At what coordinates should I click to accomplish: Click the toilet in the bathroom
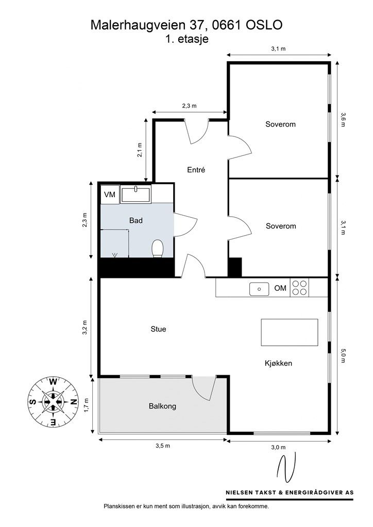(x=158, y=248)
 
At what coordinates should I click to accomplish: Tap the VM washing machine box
(x=110, y=194)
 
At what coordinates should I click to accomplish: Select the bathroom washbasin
(x=135, y=194)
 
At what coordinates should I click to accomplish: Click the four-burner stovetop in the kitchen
(x=299, y=288)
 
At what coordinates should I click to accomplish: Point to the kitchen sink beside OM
(x=259, y=289)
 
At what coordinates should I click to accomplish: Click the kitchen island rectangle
(x=290, y=332)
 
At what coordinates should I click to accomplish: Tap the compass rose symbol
(x=53, y=402)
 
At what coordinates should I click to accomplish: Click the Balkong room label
(x=162, y=406)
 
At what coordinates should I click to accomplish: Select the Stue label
(x=158, y=329)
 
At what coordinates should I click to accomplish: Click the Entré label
(x=196, y=170)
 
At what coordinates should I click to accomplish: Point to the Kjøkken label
(x=279, y=363)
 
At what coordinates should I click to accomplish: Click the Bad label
(x=136, y=220)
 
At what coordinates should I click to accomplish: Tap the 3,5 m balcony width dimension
(x=163, y=446)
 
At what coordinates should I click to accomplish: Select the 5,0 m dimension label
(x=343, y=356)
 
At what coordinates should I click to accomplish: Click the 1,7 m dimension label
(x=87, y=405)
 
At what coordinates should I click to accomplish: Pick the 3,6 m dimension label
(x=343, y=119)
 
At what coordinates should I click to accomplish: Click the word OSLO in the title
(x=264, y=25)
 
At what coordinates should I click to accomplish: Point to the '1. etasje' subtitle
(x=187, y=39)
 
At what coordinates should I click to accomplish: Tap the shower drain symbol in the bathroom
(x=115, y=255)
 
